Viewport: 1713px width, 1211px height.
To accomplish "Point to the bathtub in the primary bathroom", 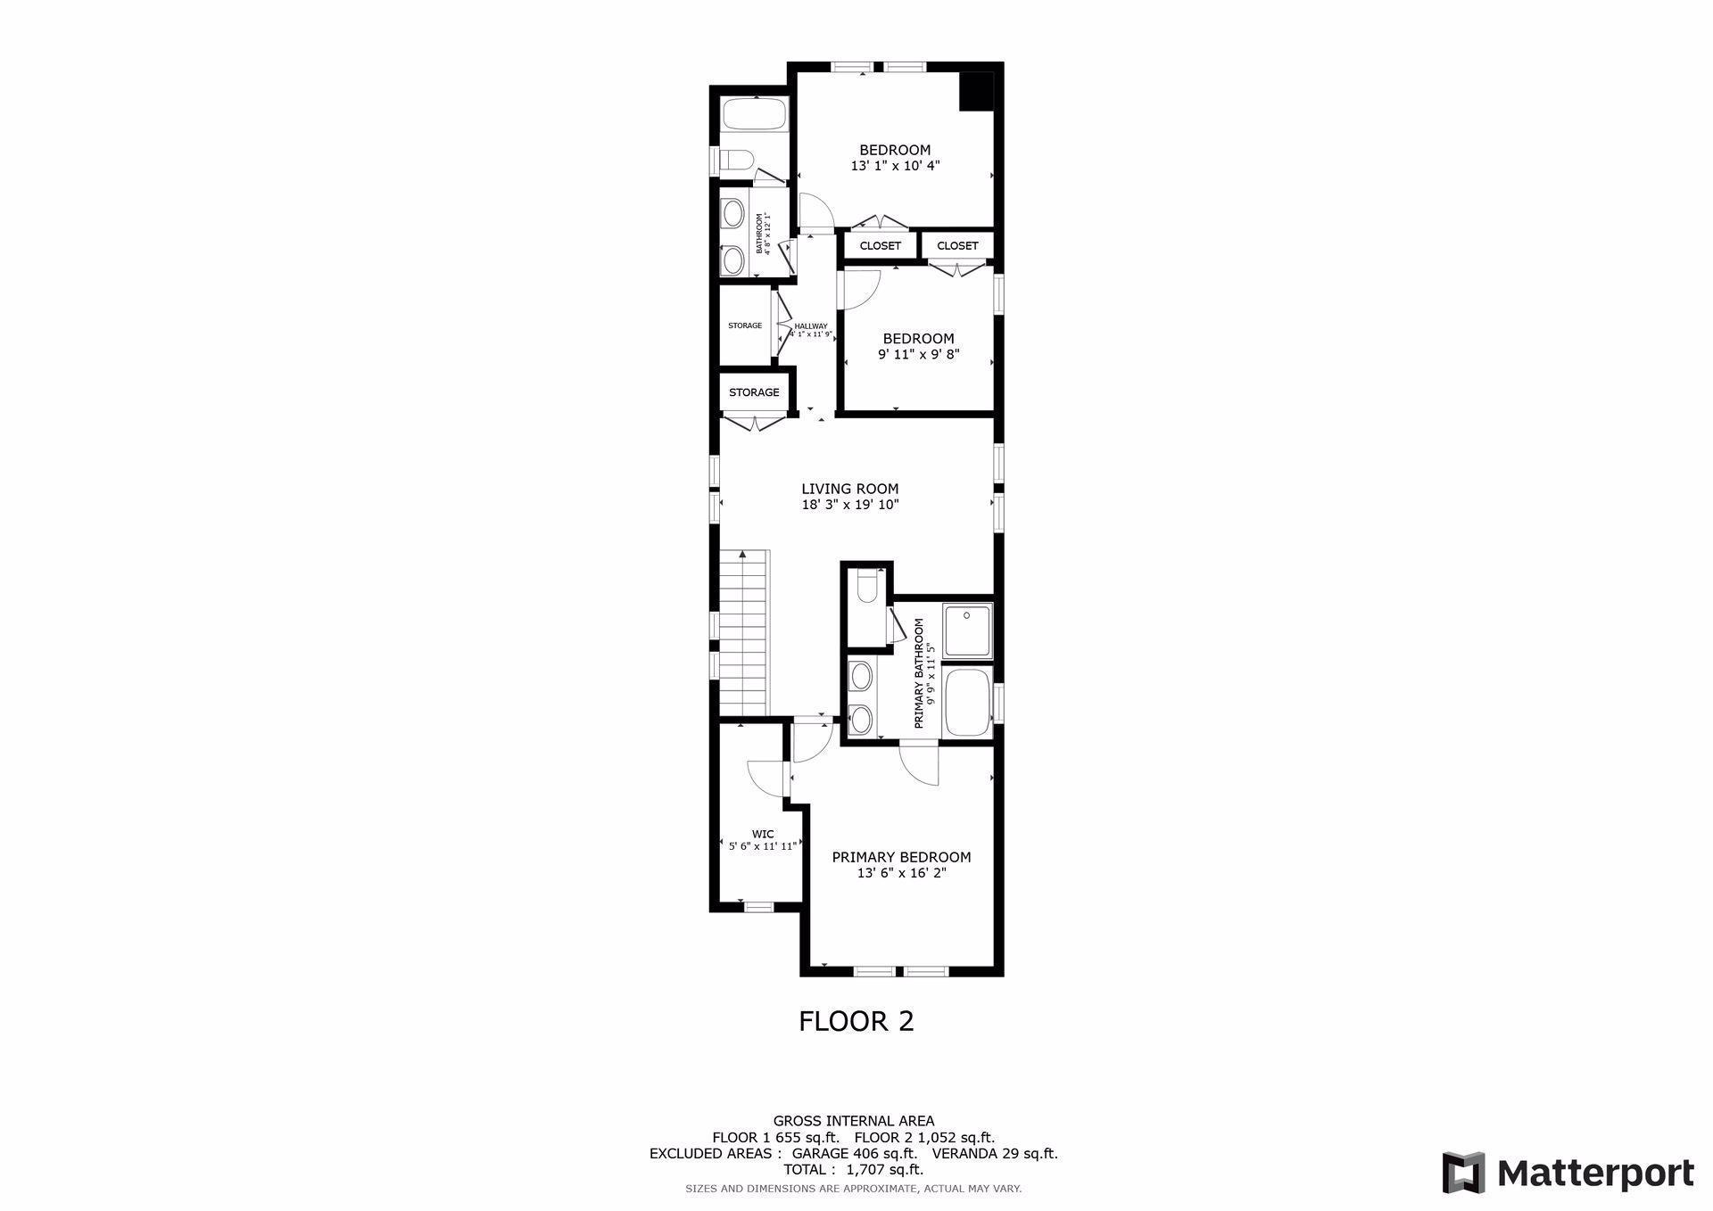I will point(967,703).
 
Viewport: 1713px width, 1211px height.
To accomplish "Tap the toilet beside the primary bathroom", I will point(866,589).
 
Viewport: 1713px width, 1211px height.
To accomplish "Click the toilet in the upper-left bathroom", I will point(736,161).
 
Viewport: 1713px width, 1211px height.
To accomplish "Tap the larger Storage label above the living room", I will point(754,392).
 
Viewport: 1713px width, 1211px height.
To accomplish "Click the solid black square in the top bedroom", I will point(976,91).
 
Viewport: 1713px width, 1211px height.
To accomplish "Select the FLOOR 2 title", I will point(856,1021).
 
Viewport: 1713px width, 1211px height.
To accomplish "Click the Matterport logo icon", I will point(1463,1173).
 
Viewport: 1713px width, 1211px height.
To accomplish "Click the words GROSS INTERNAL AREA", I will point(854,1121).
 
